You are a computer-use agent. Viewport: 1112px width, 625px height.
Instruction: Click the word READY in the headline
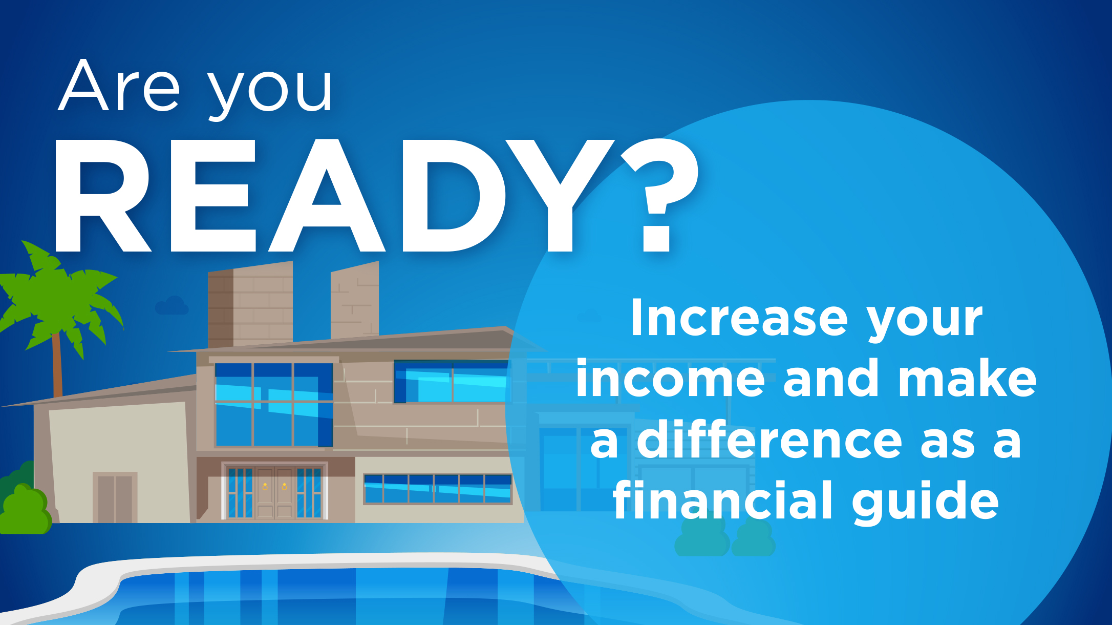click(x=328, y=197)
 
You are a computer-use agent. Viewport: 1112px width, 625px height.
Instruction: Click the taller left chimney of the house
click(x=251, y=305)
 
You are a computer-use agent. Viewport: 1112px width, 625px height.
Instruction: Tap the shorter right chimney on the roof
click(x=354, y=302)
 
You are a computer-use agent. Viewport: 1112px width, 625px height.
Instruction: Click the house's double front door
click(x=274, y=492)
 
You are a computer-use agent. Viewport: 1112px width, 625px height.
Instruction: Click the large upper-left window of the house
click(x=273, y=405)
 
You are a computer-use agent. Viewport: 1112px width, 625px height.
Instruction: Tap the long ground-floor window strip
click(x=437, y=489)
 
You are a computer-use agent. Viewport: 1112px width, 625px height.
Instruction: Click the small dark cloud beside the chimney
click(x=172, y=306)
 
